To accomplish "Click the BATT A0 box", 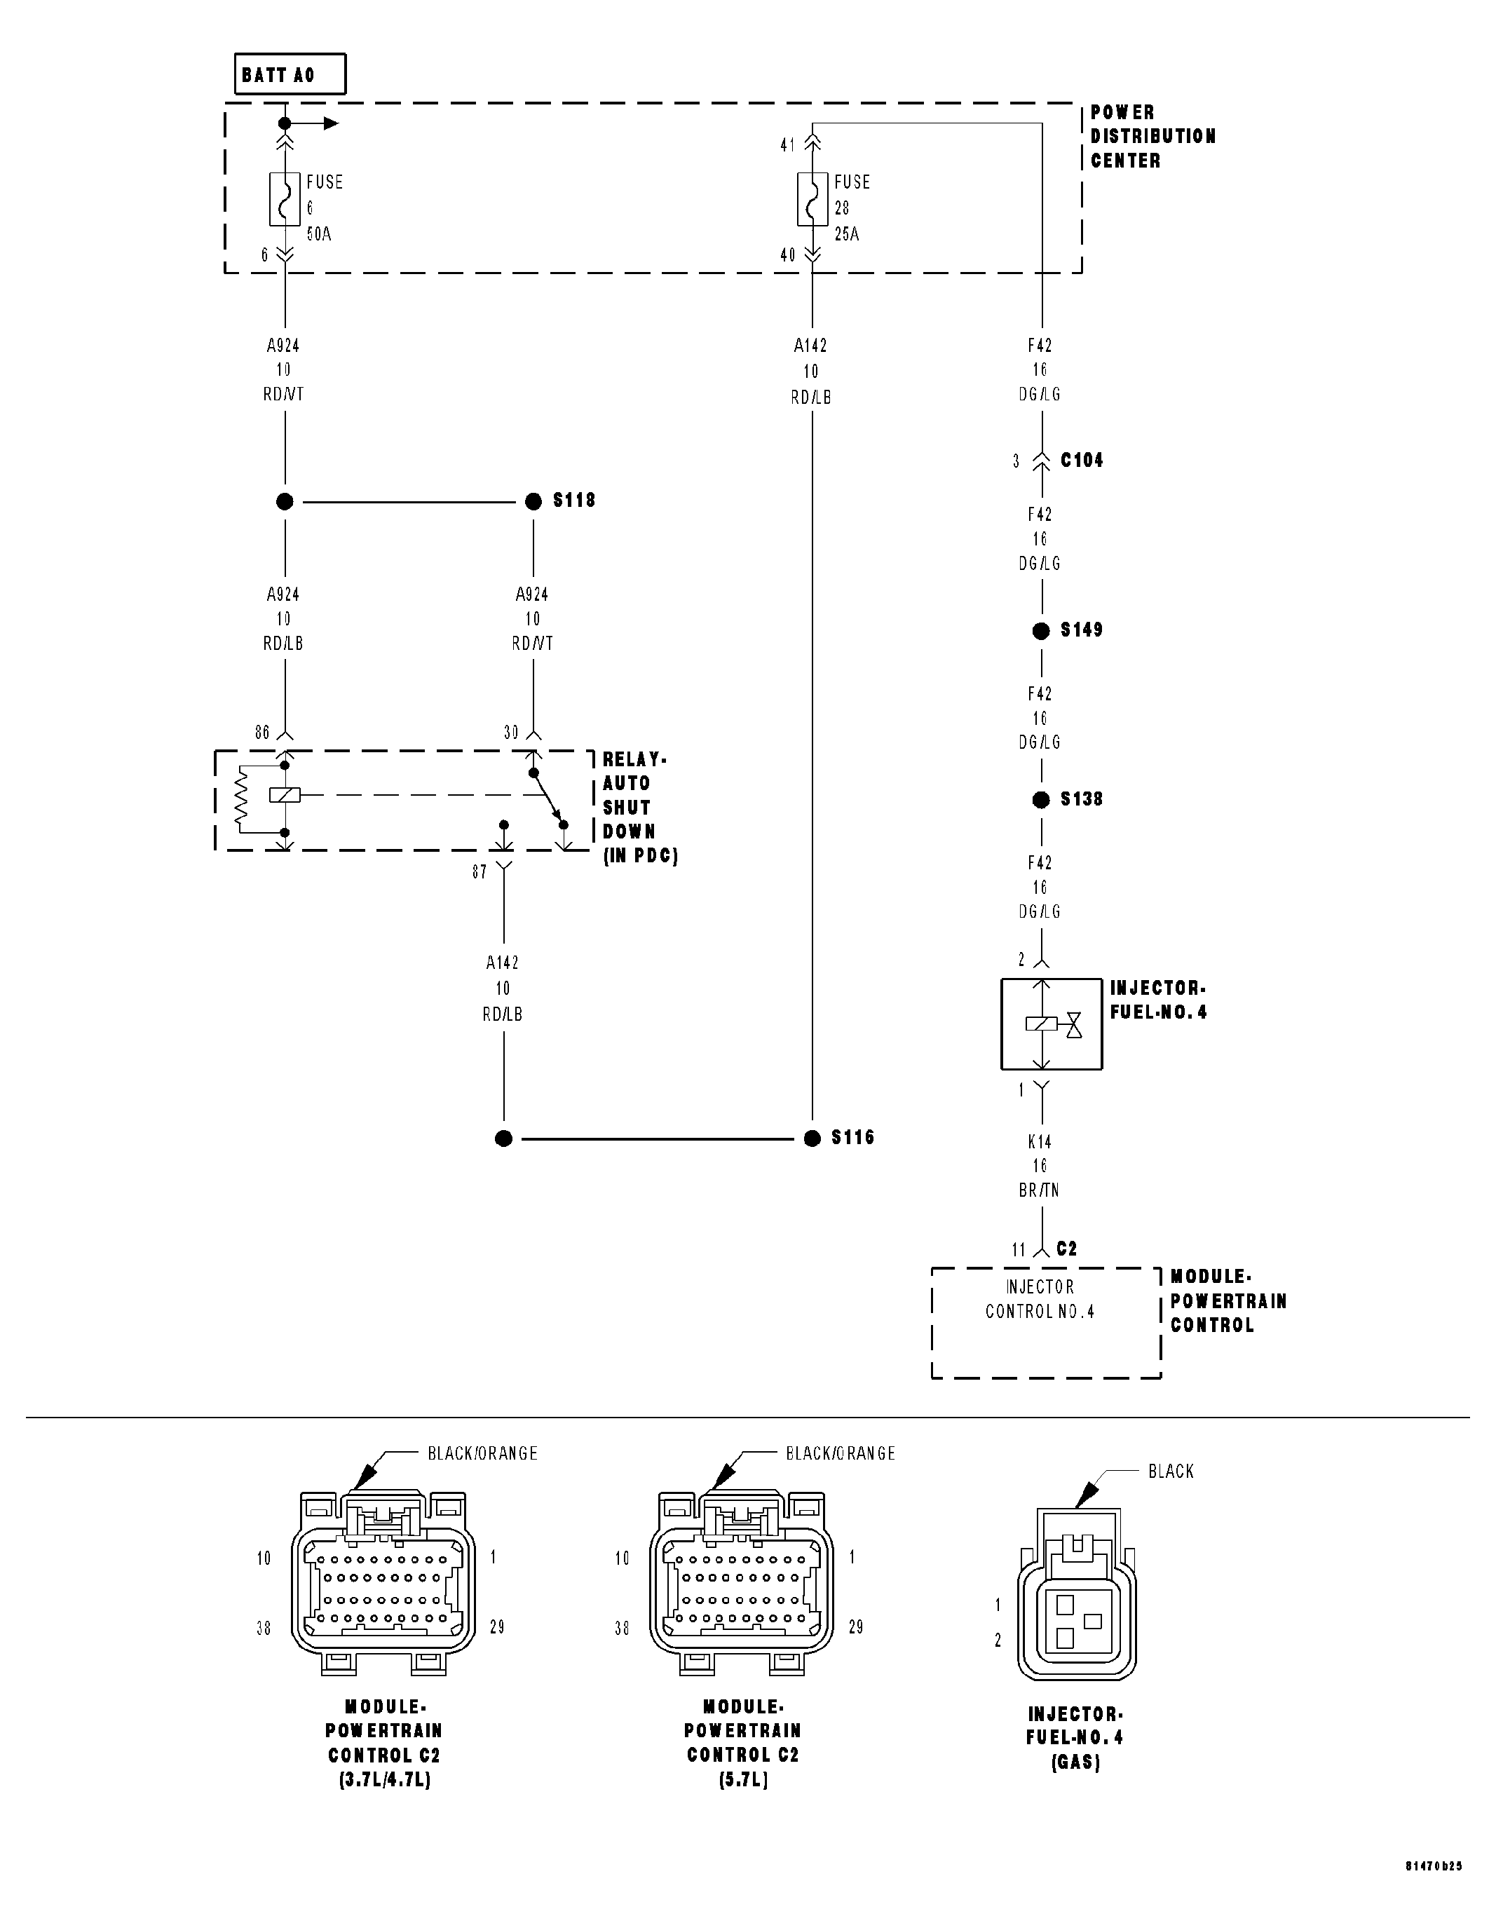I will (290, 74).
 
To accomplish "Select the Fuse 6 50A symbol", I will (285, 200).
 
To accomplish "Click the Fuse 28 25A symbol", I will (812, 200).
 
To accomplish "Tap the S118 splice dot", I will (533, 501).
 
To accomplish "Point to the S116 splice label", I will (852, 1138).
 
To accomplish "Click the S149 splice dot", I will (1041, 632).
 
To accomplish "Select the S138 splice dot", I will (1041, 799).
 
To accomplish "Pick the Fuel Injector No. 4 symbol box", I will (1052, 1024).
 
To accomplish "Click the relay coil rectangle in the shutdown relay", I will (285, 795).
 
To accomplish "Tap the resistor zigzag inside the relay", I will (240, 798).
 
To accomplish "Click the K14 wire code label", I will (1040, 1142).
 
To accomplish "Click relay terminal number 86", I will (261, 733).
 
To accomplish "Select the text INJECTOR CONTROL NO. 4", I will (1040, 1299).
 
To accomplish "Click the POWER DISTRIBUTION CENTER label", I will (1152, 137).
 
